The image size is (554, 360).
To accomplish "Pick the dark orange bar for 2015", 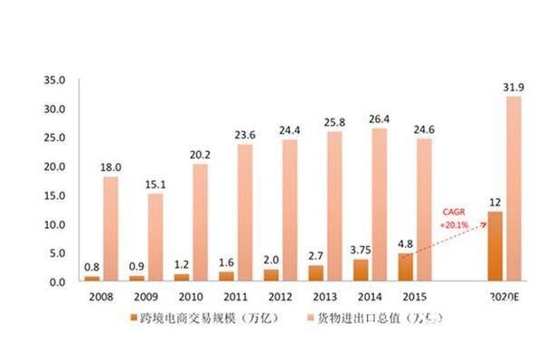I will click(405, 267).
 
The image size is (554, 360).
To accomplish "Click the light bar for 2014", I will click(379, 204).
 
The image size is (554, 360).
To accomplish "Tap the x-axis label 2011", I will click(235, 296).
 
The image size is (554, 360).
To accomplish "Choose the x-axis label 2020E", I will click(502, 296).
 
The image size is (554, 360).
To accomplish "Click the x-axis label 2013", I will click(324, 296).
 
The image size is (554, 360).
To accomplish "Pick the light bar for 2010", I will click(200, 223).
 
